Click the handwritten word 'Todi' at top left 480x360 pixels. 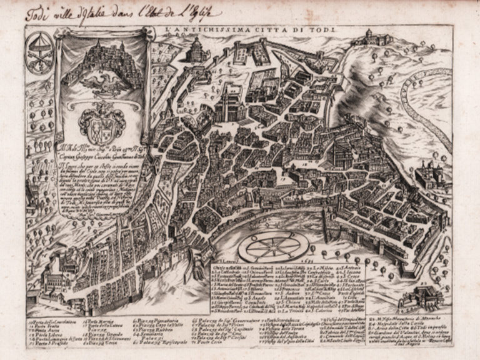pos(37,14)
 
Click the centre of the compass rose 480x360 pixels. pos(269,246)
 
